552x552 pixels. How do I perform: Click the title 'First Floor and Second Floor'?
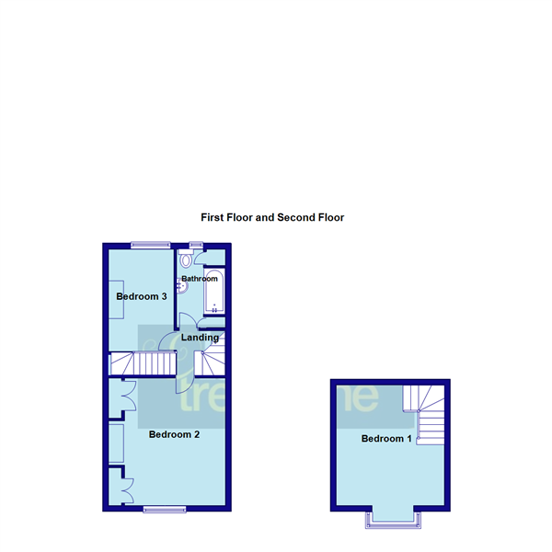[x=272, y=218]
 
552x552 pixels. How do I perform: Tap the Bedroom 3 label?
[x=141, y=296]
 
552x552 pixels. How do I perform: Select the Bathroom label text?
[x=200, y=279]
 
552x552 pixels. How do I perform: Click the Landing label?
[x=200, y=338]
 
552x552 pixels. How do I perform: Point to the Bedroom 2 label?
[x=174, y=434]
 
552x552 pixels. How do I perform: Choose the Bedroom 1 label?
[x=386, y=438]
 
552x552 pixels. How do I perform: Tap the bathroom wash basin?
[x=183, y=287]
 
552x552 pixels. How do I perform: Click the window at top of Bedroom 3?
[x=149, y=245]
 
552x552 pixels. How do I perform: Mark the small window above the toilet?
[x=196, y=245]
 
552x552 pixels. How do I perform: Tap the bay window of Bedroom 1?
[x=393, y=520]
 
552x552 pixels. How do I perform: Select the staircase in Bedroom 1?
[x=425, y=414]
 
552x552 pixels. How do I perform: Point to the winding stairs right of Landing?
[x=211, y=355]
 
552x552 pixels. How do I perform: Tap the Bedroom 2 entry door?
[x=182, y=380]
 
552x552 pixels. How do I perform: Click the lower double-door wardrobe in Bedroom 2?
[x=119, y=485]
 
